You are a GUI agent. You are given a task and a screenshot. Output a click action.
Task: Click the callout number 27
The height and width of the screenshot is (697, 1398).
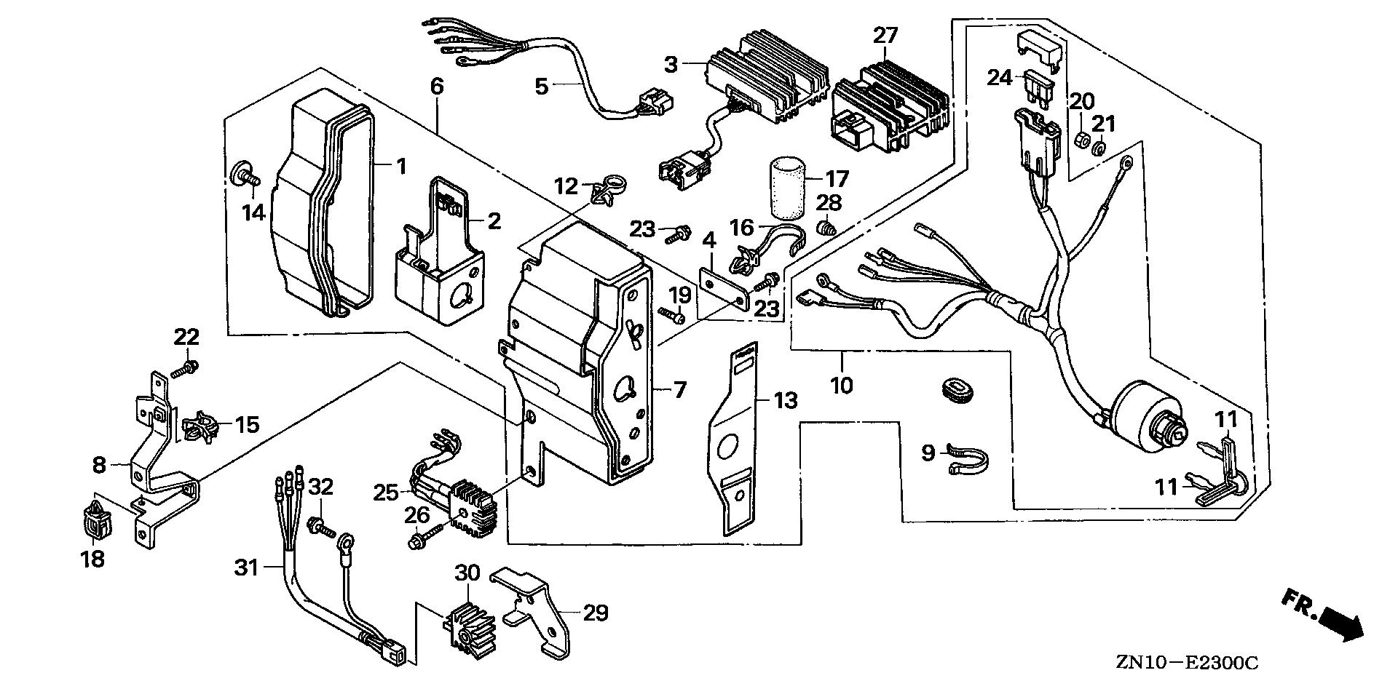[x=886, y=34]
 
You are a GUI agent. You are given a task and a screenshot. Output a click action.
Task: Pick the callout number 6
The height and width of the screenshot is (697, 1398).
[x=437, y=86]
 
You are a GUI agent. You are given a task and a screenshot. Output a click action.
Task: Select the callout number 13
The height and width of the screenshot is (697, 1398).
[x=786, y=400]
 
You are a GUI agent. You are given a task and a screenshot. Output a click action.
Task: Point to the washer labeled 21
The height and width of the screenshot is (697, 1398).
[x=1101, y=149]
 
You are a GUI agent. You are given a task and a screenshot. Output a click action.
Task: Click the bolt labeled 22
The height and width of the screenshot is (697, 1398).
[x=186, y=367]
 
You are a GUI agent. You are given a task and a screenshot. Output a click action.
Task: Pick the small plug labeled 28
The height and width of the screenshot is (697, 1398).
[x=825, y=229]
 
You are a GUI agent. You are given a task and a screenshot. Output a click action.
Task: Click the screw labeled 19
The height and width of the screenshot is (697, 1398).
[x=672, y=316]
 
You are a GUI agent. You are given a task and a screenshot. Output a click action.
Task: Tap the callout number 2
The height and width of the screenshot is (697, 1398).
[x=494, y=221]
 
